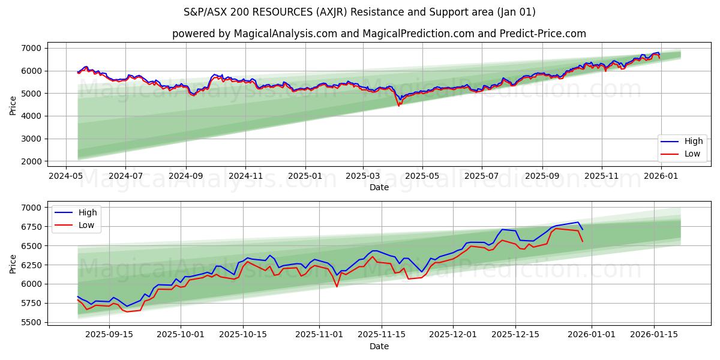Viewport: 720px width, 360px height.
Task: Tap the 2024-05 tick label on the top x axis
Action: tap(66, 176)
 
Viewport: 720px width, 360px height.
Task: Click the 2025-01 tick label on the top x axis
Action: tap(305, 176)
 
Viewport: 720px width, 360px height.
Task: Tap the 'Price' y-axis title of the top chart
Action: tap(13, 104)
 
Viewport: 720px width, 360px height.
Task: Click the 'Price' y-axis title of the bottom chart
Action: tap(13, 264)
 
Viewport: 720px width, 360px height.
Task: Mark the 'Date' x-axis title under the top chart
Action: tap(379, 187)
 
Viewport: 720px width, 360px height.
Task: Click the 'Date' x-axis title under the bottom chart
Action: tap(379, 346)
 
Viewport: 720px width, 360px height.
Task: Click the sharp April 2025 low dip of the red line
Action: tap(398, 106)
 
